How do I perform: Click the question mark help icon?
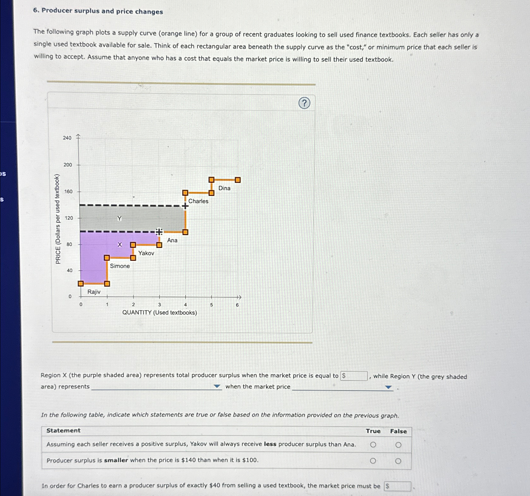[304, 103]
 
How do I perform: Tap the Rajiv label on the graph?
[94, 292]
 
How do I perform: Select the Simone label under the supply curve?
[120, 266]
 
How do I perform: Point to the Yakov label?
[146, 253]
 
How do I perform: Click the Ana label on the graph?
[172, 240]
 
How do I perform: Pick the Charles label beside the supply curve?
[198, 201]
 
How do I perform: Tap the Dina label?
[224, 188]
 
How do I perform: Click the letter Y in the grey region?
[119, 218]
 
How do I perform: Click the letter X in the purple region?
[120, 245]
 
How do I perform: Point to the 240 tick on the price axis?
[67, 138]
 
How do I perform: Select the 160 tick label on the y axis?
[68, 191]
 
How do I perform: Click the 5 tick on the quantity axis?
[212, 305]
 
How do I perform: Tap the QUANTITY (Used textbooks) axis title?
[160, 312]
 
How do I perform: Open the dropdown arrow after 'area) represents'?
[217, 386]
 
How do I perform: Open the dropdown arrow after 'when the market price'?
[388, 387]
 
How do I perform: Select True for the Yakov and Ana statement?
[373, 445]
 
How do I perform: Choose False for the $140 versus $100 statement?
[398, 461]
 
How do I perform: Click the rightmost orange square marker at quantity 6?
[238, 180]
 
